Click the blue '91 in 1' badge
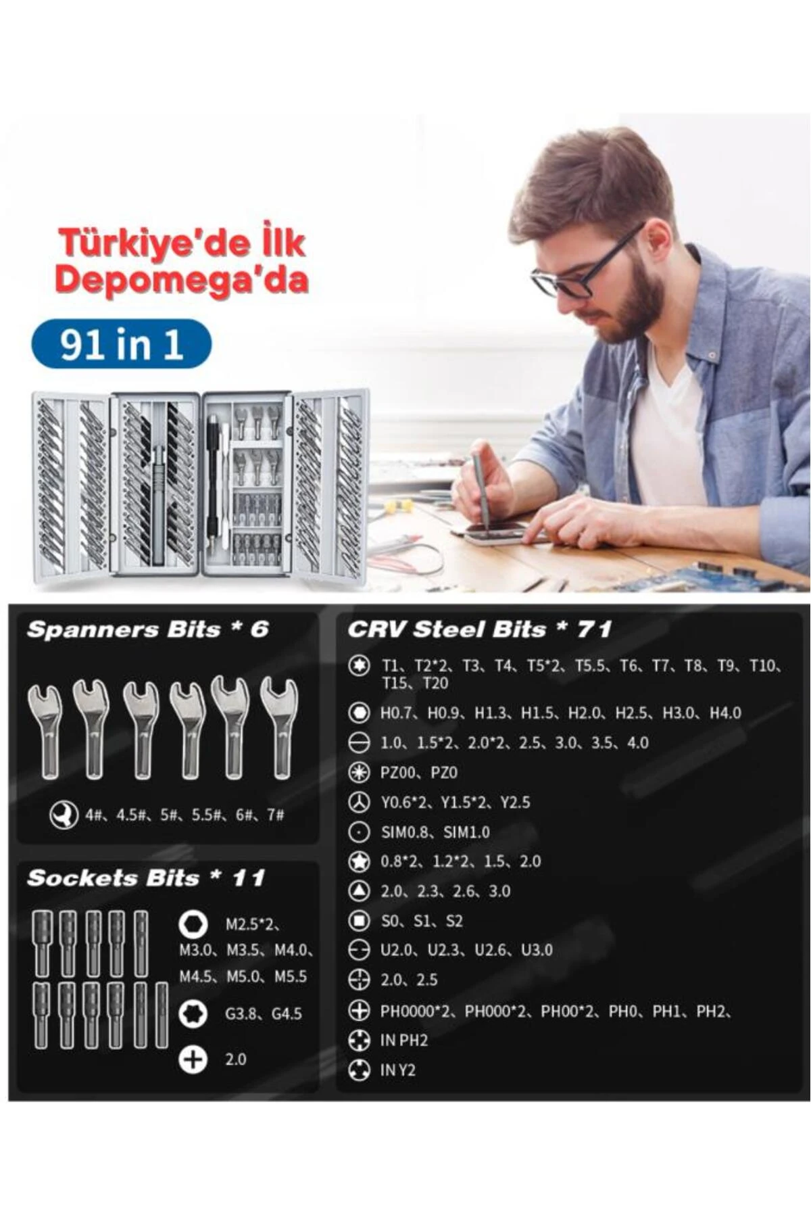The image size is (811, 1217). tap(122, 344)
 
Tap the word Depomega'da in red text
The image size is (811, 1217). tap(182, 279)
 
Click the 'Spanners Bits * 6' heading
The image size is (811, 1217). tap(148, 629)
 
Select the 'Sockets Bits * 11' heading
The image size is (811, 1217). tap(146, 878)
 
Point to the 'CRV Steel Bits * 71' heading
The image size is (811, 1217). tap(480, 629)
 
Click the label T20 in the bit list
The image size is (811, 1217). tap(435, 684)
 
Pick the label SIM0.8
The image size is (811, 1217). tap(404, 832)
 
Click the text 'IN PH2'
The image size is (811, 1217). tap(404, 1041)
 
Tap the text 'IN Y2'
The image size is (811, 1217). tap(398, 1070)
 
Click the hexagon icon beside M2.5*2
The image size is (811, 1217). tap(193, 924)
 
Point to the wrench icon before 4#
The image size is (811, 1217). tap(64, 815)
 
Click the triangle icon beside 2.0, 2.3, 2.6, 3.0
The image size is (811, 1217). tap(359, 891)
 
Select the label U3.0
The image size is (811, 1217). tap(537, 950)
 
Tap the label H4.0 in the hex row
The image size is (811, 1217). tap(726, 713)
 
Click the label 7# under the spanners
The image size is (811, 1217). tap(275, 815)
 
